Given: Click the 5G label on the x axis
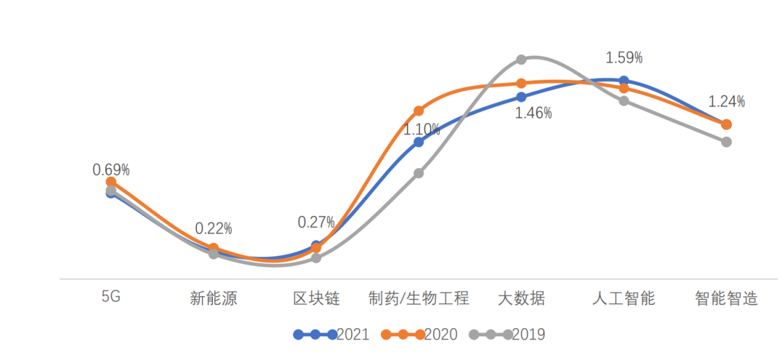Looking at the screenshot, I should (111, 298).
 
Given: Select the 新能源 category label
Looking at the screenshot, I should (214, 298).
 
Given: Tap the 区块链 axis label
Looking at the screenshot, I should (316, 298).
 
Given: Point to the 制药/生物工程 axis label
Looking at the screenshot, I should (419, 298).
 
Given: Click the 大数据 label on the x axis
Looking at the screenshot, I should (521, 298).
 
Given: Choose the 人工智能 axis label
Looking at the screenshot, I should (623, 298).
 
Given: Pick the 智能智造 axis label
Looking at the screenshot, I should (726, 298).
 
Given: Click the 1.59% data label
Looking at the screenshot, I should (624, 57).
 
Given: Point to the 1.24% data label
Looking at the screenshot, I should (726, 101).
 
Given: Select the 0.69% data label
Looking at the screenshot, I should (111, 169).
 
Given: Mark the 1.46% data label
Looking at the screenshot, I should (533, 113).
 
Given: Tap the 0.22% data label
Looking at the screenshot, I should (214, 229).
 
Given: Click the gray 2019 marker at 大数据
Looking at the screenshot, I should (521, 59).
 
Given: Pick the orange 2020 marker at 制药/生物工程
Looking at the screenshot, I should (419, 111).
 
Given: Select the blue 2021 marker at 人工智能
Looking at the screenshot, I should (624, 81).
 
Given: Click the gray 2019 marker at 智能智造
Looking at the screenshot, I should (726, 141).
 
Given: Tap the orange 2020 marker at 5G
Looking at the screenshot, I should (111, 182).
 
